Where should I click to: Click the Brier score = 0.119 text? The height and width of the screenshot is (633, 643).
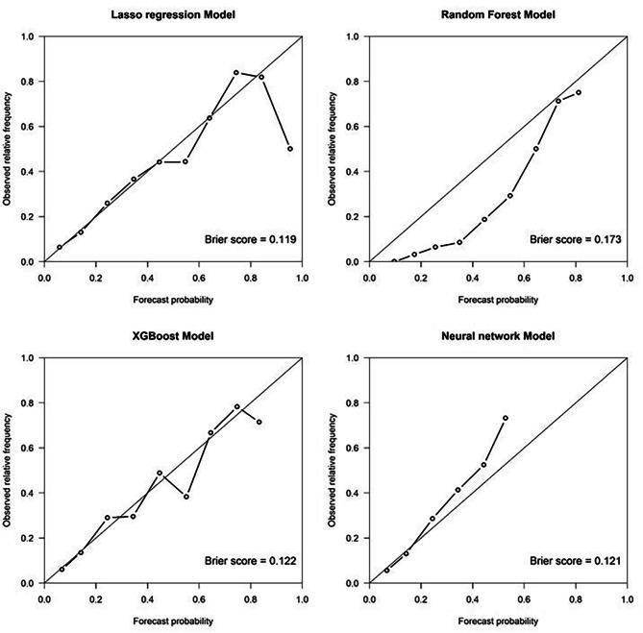[x=250, y=237]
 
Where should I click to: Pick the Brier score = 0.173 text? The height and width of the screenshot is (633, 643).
[x=575, y=237]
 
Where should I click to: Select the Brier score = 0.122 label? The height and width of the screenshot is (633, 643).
[x=250, y=558]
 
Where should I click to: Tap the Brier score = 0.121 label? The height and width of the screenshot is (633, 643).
[x=575, y=558]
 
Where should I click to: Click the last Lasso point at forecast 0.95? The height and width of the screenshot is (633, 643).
[x=289, y=149]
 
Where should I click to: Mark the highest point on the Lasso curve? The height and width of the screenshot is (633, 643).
[x=236, y=72]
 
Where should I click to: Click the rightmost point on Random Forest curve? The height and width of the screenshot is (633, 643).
[x=579, y=92]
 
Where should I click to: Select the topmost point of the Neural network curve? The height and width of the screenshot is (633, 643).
[x=506, y=418]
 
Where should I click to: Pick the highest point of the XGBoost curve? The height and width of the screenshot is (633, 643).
[x=236, y=406]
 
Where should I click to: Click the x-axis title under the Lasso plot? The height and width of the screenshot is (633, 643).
[x=173, y=299]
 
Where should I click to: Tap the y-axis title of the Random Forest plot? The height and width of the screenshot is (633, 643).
[x=332, y=149]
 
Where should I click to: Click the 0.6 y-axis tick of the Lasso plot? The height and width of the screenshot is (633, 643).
[x=27, y=127]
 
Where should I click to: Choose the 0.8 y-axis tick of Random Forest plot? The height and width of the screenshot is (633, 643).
[x=353, y=82]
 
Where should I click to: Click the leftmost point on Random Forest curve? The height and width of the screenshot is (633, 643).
[x=394, y=261]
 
